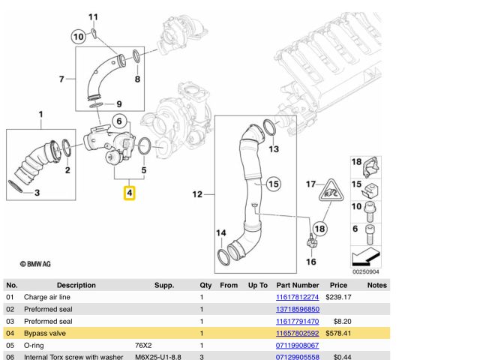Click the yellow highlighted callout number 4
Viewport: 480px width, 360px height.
(x=129, y=194)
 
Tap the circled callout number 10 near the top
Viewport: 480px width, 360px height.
(x=78, y=36)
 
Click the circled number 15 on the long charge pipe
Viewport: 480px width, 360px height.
(x=273, y=183)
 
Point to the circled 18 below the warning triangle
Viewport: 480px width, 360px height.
(x=320, y=228)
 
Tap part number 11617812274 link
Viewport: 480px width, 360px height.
(x=298, y=297)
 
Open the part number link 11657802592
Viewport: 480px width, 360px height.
(x=298, y=333)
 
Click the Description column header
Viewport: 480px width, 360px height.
(x=76, y=285)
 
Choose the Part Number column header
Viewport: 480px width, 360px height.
(x=298, y=285)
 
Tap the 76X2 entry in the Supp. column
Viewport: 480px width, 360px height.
(x=143, y=346)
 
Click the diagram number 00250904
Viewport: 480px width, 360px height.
(x=366, y=271)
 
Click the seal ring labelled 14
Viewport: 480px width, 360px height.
(x=223, y=259)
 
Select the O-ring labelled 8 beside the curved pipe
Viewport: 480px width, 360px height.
(x=136, y=57)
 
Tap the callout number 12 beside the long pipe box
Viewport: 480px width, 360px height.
(x=197, y=195)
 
